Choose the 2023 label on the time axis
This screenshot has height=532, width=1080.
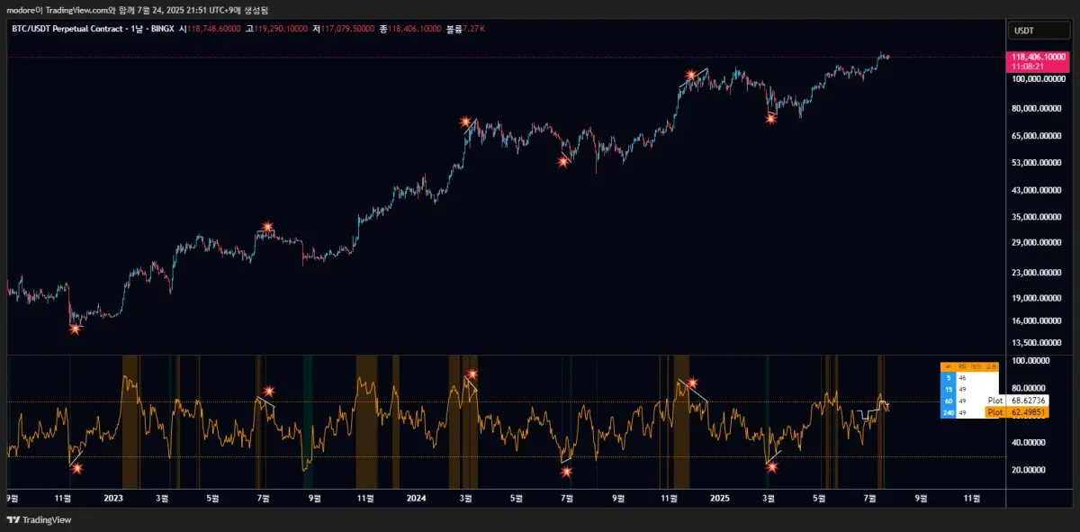tap(112, 496)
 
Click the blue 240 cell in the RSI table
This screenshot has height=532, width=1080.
tap(949, 412)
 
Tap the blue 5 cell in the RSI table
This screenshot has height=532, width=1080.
tap(949, 379)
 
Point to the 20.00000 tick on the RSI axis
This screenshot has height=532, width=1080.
tap(1031, 470)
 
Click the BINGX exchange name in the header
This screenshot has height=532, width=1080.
tap(163, 29)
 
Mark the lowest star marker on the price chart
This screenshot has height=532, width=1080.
tap(75, 329)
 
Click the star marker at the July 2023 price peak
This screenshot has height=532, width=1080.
tap(267, 227)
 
